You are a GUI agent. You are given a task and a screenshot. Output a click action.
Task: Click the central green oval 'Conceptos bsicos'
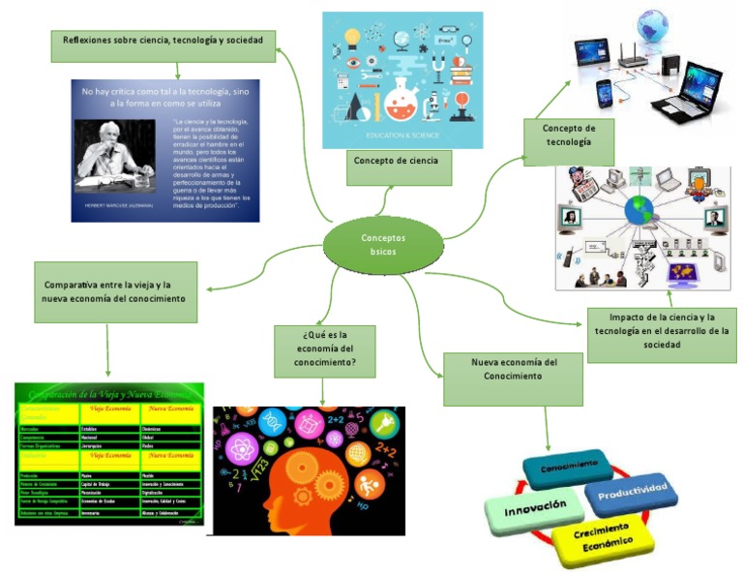tap(383, 244)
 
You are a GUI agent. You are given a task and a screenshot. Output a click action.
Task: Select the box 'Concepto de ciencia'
tap(396, 161)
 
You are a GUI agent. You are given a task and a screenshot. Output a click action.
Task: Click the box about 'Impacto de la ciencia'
tap(661, 331)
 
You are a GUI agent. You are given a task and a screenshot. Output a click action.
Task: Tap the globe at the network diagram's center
tap(638, 211)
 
